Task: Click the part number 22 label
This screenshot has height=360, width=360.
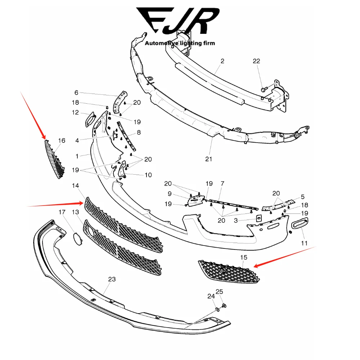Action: click(256, 61)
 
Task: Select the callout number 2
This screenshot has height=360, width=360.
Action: click(222, 61)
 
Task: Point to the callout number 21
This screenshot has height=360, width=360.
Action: click(209, 159)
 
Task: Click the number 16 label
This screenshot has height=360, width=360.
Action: click(62, 140)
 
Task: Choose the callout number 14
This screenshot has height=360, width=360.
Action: click(75, 186)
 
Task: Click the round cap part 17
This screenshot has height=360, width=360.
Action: click(77, 238)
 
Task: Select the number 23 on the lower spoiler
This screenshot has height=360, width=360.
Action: click(112, 279)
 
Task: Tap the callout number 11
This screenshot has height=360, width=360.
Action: click(305, 243)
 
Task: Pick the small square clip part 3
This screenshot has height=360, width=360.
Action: click(258, 218)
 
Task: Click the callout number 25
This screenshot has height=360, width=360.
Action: click(220, 291)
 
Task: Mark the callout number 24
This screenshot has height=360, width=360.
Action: click(211, 296)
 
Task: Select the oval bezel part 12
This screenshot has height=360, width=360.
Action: click(89, 119)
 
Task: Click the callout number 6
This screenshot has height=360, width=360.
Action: click(76, 93)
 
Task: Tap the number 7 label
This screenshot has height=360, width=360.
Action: click(222, 184)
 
